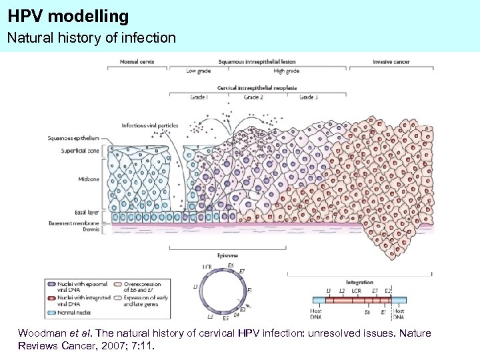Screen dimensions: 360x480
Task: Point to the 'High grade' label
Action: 286,71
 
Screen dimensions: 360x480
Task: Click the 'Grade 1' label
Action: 198,97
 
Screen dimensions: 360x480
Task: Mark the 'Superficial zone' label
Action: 81,151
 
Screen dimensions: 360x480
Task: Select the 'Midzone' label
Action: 89,179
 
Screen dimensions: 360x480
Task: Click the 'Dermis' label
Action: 91,229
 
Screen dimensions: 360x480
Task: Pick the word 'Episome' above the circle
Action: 227,255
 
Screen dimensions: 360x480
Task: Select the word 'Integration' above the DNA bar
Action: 360,282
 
